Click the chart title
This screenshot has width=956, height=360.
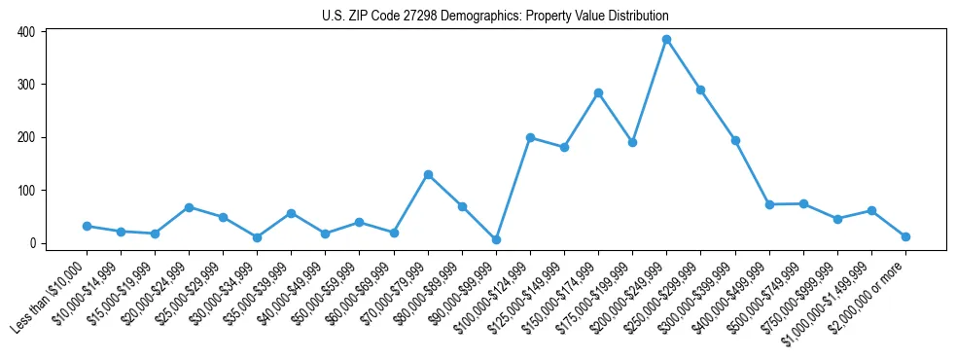[495, 17]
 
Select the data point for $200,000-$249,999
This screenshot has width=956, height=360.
[666, 40]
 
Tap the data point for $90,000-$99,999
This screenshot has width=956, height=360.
[496, 239]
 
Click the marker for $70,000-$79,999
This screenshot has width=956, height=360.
[428, 175]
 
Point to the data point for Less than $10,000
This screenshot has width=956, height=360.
[87, 226]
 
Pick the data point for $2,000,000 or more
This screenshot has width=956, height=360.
[905, 236]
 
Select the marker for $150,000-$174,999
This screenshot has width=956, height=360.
[598, 93]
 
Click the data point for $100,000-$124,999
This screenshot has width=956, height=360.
[530, 137]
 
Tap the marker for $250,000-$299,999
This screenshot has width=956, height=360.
[700, 90]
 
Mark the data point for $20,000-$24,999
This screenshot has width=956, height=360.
[189, 207]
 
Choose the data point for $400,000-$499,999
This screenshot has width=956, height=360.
[769, 204]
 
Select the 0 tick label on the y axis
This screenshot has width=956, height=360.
[32, 243]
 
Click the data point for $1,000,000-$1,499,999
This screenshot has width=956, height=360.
[871, 210]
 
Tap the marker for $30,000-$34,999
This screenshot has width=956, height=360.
[257, 237]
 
